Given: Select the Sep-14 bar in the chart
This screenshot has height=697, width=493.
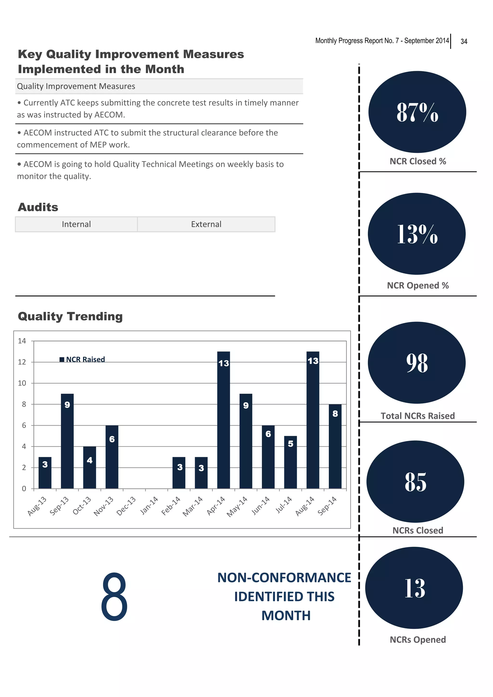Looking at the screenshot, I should pyautogui.click(x=335, y=446).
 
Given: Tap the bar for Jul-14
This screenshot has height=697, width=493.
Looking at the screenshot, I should pyautogui.click(x=290, y=462).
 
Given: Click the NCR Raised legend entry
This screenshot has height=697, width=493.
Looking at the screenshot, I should pyautogui.click(x=82, y=359).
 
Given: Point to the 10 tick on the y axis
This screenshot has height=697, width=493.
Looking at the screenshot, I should pyautogui.click(x=22, y=383).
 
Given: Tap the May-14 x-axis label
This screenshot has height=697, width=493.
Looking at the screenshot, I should pyautogui.click(x=237, y=506).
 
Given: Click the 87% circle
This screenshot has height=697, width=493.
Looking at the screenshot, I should pyautogui.click(x=417, y=112).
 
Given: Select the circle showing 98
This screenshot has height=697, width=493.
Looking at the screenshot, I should pyautogui.click(x=416, y=362).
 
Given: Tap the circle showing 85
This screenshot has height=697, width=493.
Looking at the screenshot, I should pyautogui.click(x=415, y=482).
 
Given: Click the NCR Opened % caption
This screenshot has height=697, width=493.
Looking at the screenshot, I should pyautogui.click(x=418, y=285).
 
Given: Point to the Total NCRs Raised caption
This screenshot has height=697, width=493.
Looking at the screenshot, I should pyautogui.click(x=418, y=416).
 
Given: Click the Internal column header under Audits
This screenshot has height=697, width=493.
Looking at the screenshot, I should pyautogui.click(x=76, y=224).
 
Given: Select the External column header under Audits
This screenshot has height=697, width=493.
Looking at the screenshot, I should pyautogui.click(x=206, y=224).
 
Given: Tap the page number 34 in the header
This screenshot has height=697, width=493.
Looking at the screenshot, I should pyautogui.click(x=464, y=41).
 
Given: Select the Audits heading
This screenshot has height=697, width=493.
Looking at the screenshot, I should pyautogui.click(x=38, y=207).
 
